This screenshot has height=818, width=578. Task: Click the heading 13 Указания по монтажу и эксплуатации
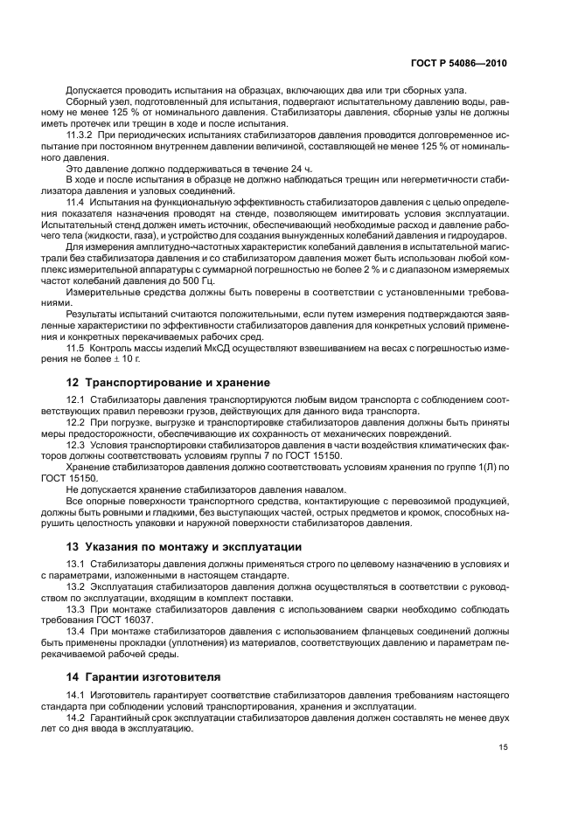[185, 546]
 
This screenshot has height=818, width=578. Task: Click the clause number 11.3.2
[81, 138]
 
